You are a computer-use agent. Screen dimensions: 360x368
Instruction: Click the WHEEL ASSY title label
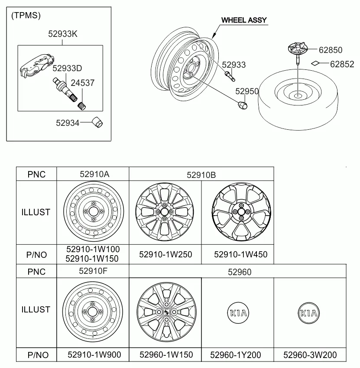pos(244,20)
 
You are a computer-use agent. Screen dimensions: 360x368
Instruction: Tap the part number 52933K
pos(62,34)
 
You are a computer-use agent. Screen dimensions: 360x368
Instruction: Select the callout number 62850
pos(331,50)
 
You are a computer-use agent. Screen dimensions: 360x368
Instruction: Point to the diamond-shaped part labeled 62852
pos(315,63)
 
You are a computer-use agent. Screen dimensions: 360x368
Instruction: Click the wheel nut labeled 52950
pos(243,105)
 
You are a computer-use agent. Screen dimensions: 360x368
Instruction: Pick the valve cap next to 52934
pos(97,122)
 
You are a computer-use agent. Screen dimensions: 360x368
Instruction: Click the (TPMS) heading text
pos(26,16)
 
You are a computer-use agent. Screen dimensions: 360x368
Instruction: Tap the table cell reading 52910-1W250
pos(165,254)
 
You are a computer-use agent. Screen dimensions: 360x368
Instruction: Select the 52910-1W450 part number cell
pos(240,254)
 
